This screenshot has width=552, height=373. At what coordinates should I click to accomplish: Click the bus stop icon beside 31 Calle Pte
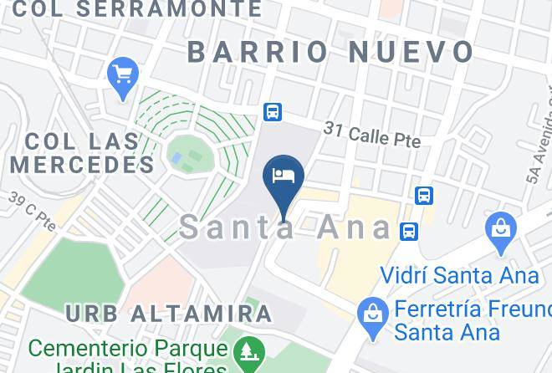click(272, 111)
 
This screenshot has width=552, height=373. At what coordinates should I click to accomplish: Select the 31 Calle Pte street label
click(372, 134)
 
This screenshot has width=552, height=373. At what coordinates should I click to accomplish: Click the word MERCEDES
click(83, 164)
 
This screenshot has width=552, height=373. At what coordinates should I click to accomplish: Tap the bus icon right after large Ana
click(409, 231)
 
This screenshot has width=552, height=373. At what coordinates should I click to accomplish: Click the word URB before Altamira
click(91, 314)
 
